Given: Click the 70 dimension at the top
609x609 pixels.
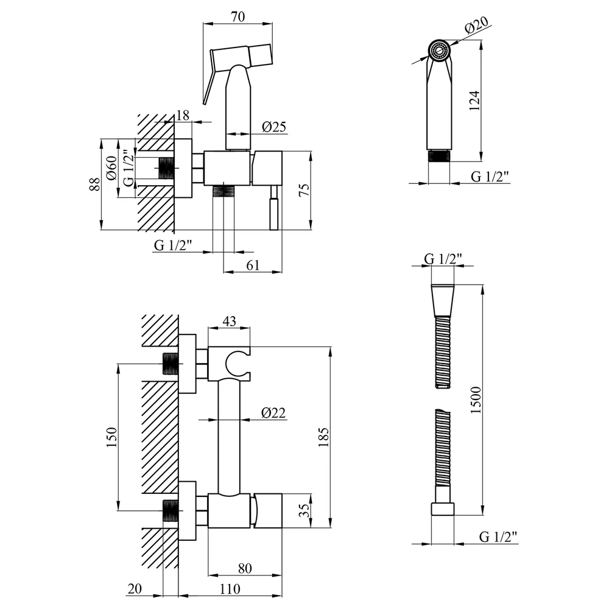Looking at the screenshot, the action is pyautogui.click(x=238, y=16).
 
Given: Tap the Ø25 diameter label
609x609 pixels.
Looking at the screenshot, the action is pyautogui.click(x=274, y=127).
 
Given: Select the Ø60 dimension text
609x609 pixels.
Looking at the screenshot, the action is pyautogui.click(x=111, y=168).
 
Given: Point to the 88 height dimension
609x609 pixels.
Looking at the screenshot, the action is pyautogui.click(x=94, y=184).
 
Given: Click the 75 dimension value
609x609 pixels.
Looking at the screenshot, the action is pyautogui.click(x=304, y=189).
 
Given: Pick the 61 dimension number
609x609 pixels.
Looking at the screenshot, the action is pyautogui.click(x=253, y=266).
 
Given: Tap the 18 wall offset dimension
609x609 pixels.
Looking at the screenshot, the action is pyautogui.click(x=183, y=115).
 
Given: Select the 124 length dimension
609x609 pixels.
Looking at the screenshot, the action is pyautogui.click(x=474, y=100).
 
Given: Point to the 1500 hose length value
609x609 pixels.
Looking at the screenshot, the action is pyautogui.click(x=476, y=400).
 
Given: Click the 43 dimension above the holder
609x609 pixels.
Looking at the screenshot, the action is pyautogui.click(x=229, y=321).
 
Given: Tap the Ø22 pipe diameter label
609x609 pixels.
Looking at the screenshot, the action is pyautogui.click(x=273, y=412).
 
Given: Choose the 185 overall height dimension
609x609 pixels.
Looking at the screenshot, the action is pyautogui.click(x=323, y=437).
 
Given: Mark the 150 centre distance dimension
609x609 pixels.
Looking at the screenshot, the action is pyautogui.click(x=111, y=437).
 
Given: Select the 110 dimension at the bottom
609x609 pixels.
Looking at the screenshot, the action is pyautogui.click(x=230, y=589).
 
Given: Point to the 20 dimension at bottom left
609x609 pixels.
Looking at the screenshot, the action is pyautogui.click(x=135, y=589).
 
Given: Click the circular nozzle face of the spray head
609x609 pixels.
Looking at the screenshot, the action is pyautogui.click(x=439, y=50).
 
